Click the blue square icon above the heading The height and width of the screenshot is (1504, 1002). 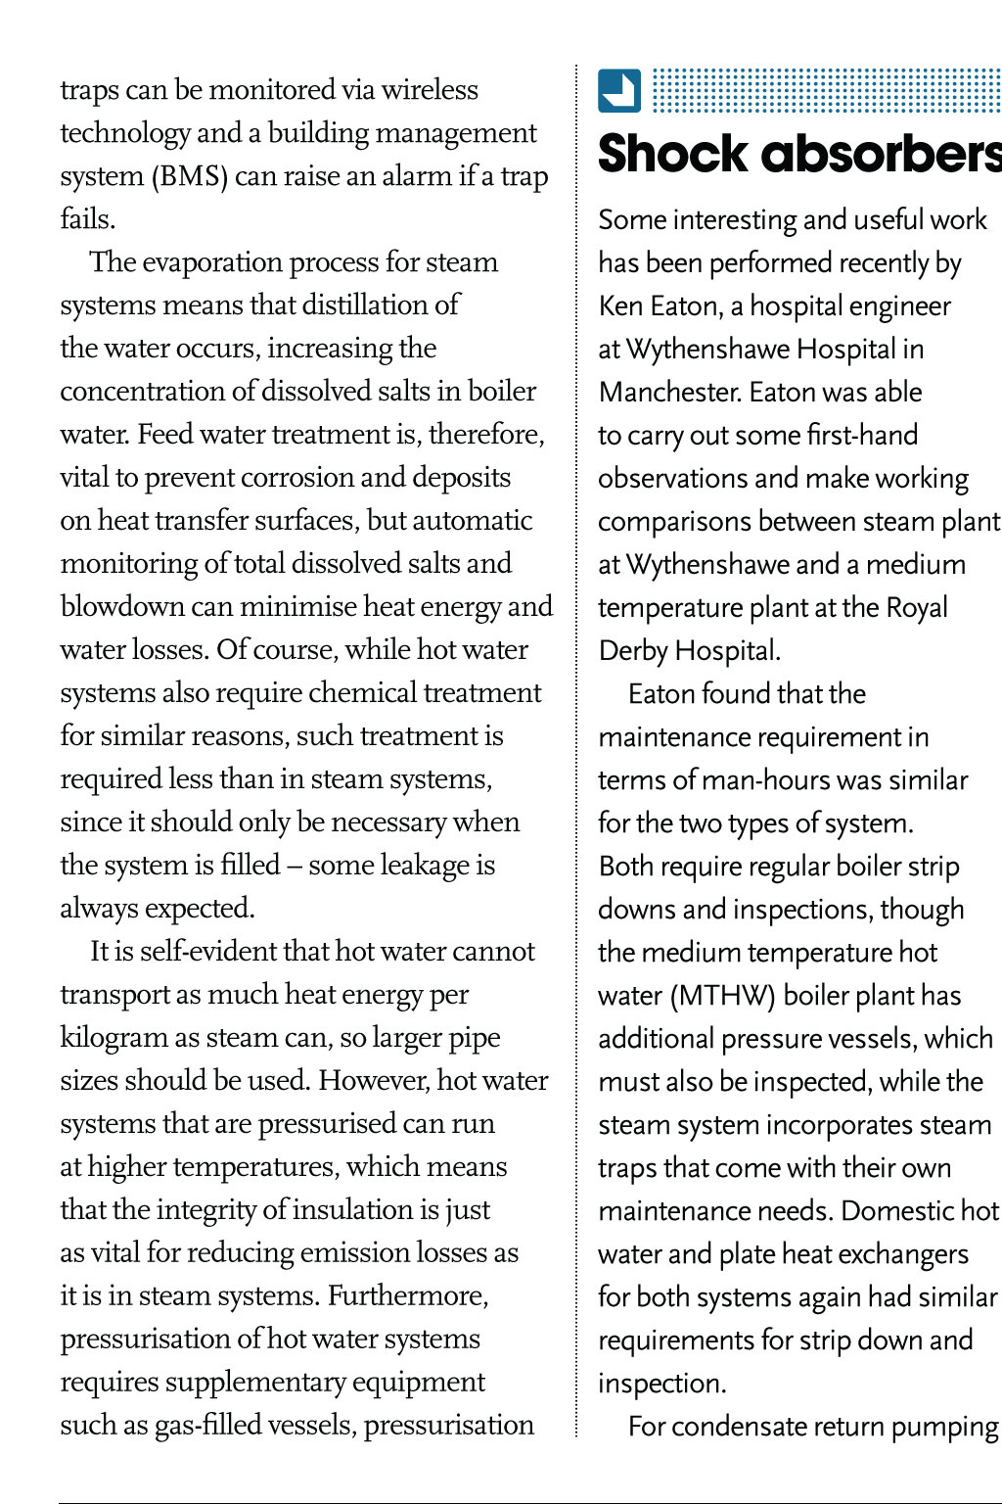click(x=619, y=91)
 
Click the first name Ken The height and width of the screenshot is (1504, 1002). click(x=620, y=306)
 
